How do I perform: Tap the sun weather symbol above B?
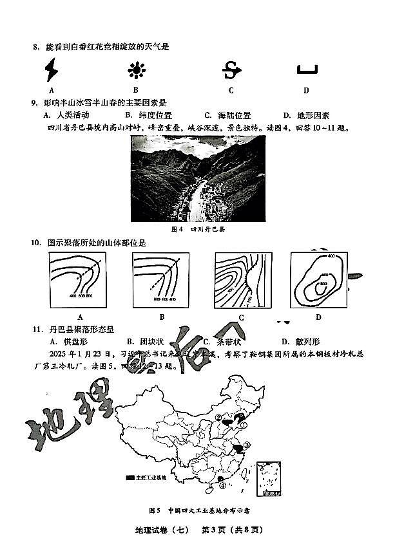[136, 70]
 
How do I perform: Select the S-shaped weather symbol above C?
[231, 70]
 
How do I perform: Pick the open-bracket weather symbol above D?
[307, 70]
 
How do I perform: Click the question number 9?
[34, 103]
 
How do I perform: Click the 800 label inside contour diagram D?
[323, 284]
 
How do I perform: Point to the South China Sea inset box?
[270, 479]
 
